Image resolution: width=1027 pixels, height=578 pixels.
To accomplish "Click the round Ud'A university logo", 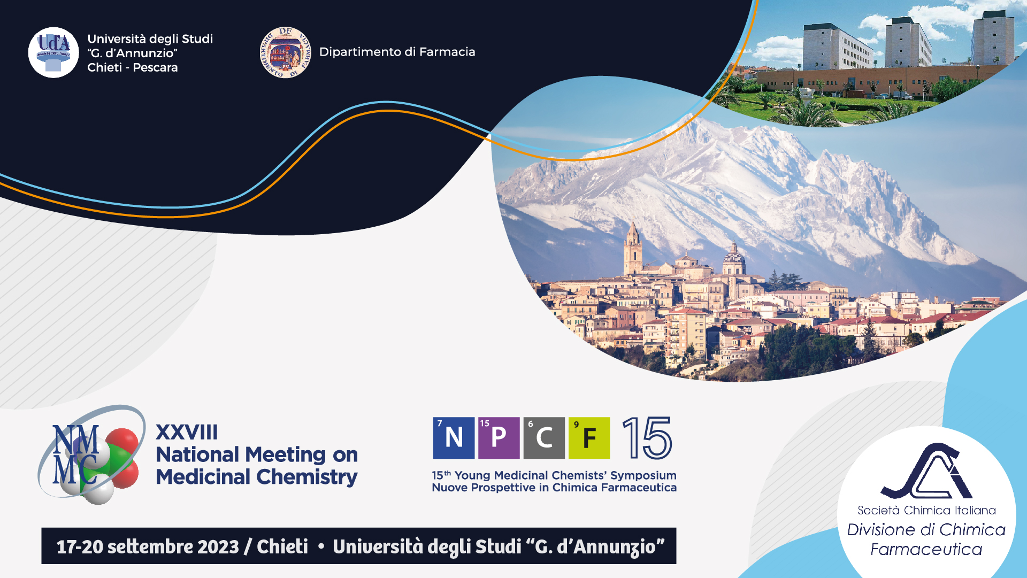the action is [x=53, y=52].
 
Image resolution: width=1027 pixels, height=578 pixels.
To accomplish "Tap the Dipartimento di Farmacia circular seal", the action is [x=285, y=52].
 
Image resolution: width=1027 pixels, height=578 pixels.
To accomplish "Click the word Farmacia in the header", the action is [x=447, y=52].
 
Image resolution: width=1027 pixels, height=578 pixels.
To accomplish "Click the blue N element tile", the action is [x=454, y=438].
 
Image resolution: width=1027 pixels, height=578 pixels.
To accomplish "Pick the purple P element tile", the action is [x=499, y=438].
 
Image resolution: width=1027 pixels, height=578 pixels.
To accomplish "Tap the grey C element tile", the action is [x=544, y=438].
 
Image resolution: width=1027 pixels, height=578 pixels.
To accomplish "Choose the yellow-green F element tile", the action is [x=589, y=438].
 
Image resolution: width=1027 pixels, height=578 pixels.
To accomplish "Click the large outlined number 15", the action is [x=647, y=438].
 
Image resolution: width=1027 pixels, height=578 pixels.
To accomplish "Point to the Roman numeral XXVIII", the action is [x=187, y=432].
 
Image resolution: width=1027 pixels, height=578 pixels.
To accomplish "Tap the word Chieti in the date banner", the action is [x=282, y=546].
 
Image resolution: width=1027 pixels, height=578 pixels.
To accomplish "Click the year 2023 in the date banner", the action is [x=218, y=546].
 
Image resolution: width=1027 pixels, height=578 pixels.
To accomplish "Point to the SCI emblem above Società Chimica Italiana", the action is [x=926, y=471].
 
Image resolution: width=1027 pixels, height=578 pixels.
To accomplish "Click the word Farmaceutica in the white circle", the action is [x=926, y=549].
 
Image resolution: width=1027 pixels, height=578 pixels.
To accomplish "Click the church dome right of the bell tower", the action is [x=734, y=259].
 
